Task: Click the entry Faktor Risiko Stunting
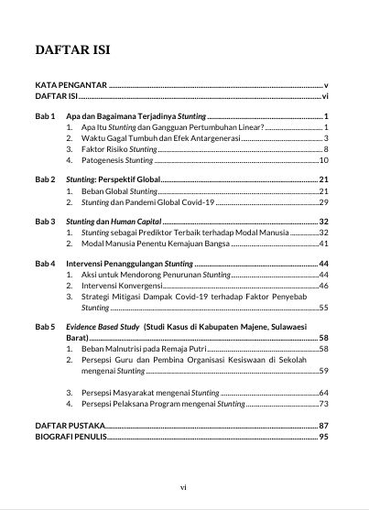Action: [119, 148]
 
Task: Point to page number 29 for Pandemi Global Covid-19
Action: [323, 201]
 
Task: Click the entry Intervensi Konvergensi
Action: [122, 286]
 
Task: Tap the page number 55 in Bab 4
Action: [323, 309]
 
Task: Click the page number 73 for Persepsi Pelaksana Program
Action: [323, 404]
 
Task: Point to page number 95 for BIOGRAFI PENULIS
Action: [323, 438]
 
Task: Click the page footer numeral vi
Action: [184, 488]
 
